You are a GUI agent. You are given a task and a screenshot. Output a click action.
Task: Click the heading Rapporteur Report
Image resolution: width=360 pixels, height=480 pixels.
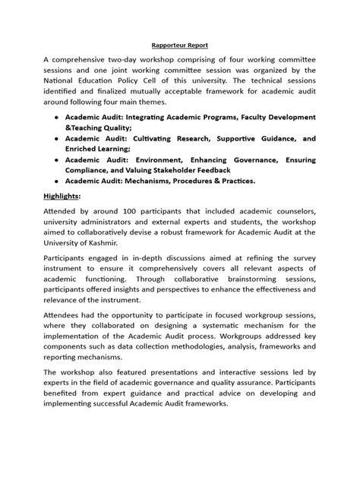(179, 45)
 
